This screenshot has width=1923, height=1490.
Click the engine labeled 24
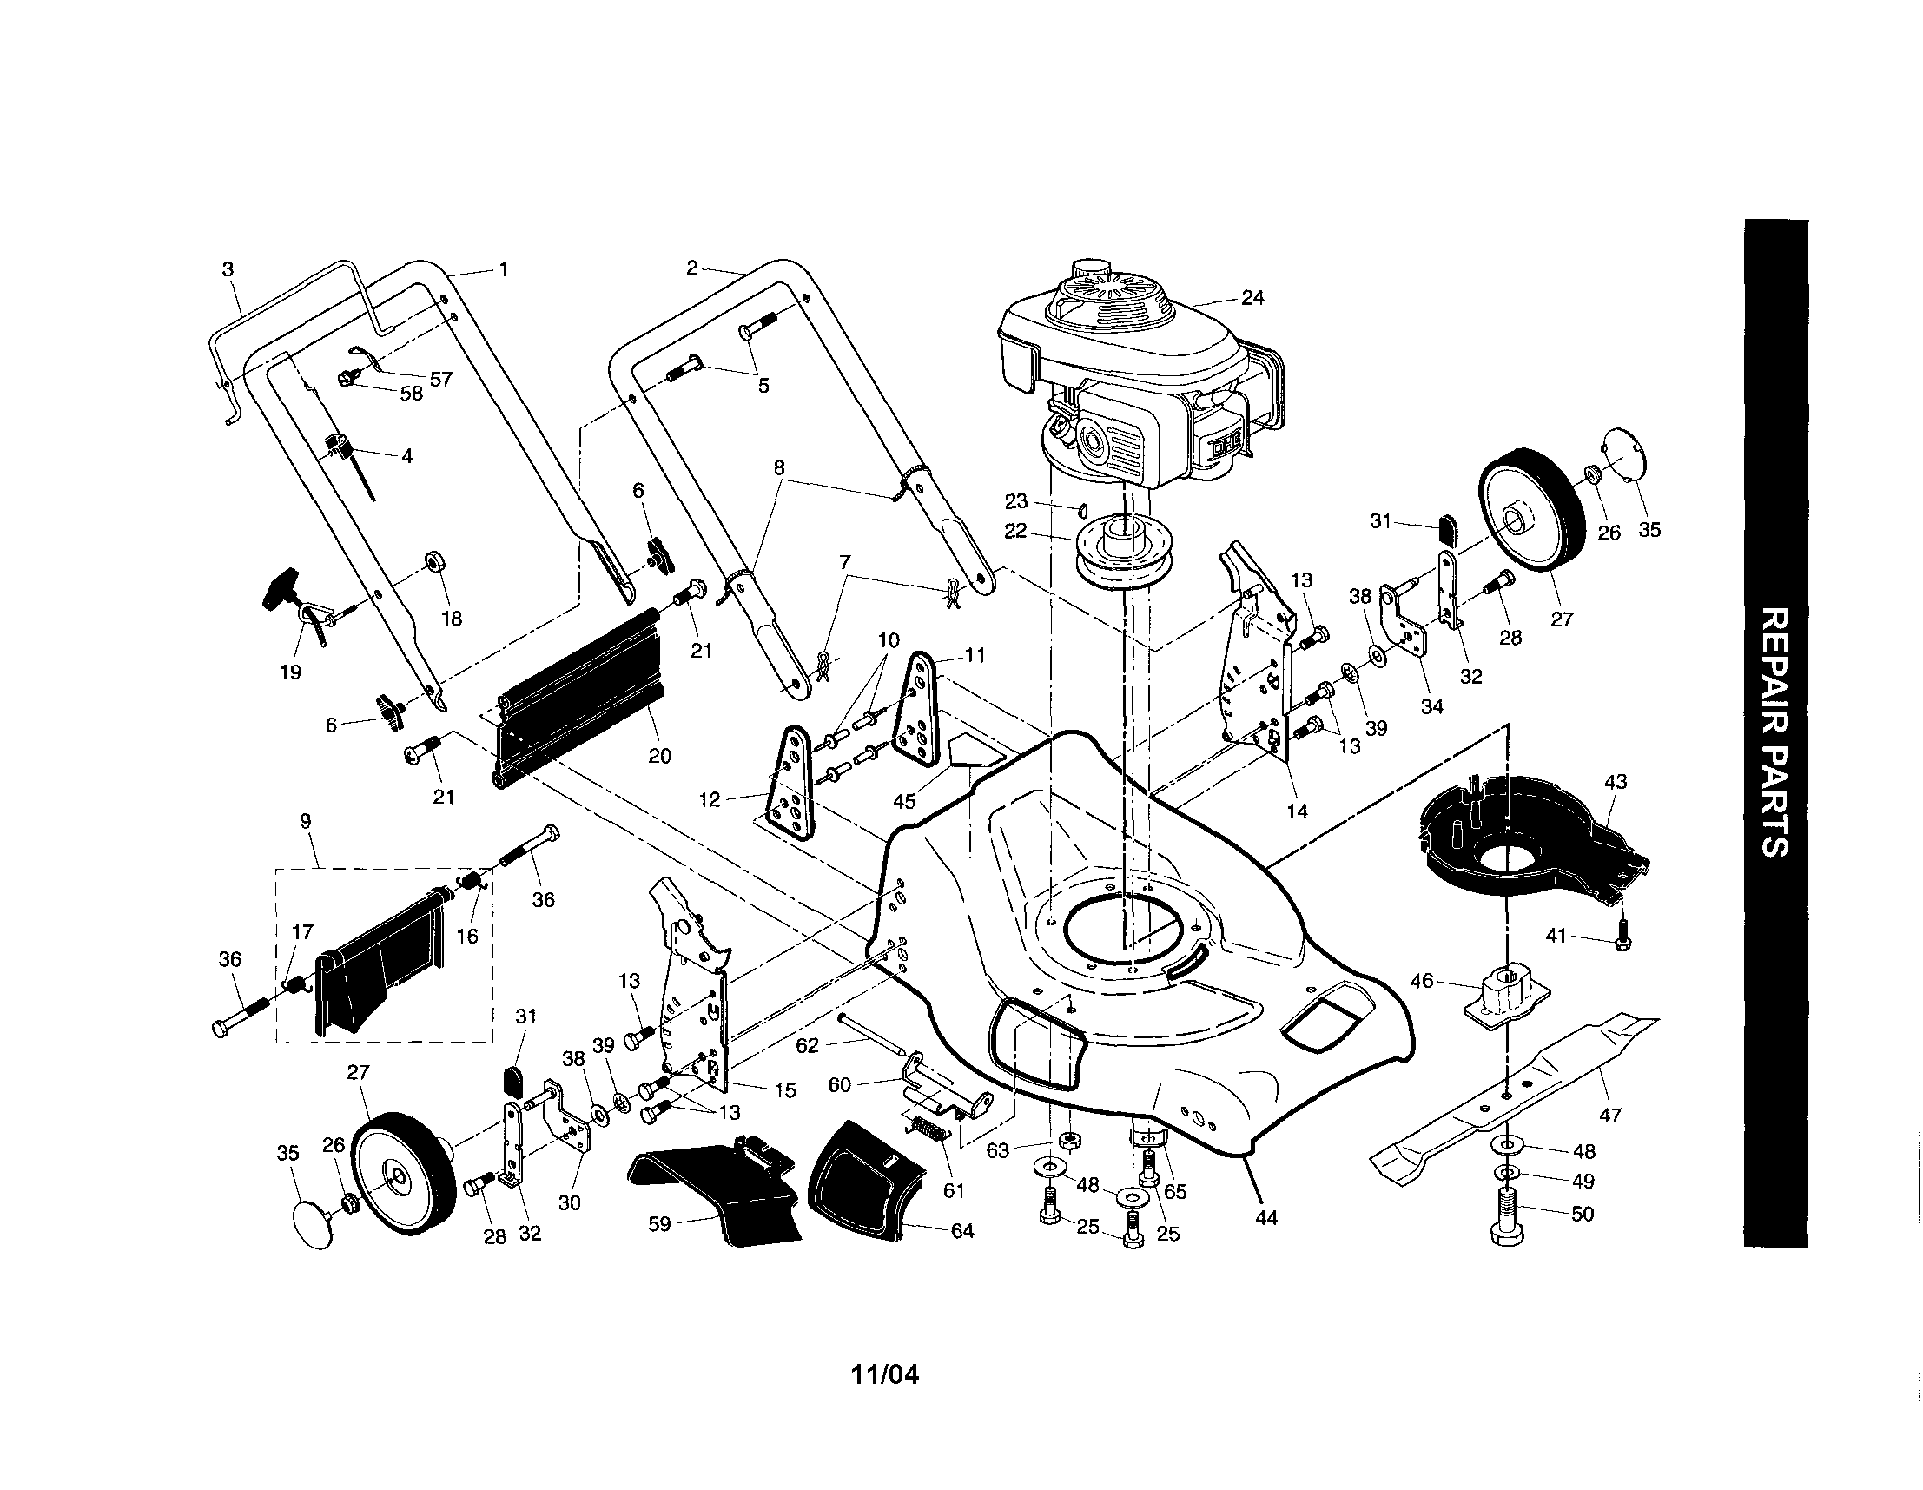[x=1136, y=379]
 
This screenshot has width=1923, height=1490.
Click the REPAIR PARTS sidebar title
[x=1774, y=731]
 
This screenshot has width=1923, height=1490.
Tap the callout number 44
[x=1265, y=1219]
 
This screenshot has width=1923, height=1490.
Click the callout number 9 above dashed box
[x=306, y=822]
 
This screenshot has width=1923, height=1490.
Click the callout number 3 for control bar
[x=228, y=269]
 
